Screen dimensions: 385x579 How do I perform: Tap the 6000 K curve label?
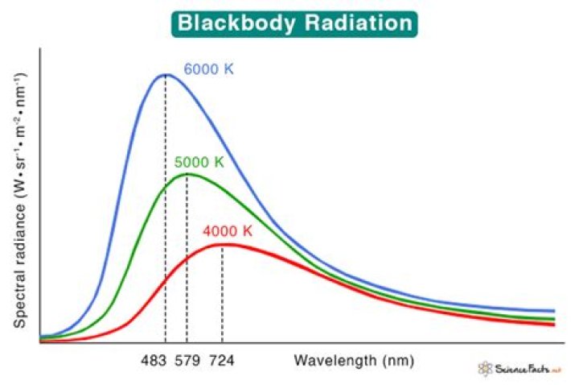point(208,69)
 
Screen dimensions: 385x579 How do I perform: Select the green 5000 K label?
point(199,162)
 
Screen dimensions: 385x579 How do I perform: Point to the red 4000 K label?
point(228,231)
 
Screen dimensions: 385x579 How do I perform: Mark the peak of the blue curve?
point(166,75)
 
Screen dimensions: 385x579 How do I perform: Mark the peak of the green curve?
point(187,174)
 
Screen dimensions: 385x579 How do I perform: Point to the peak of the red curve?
point(222,244)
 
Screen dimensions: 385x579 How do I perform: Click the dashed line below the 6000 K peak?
point(166,209)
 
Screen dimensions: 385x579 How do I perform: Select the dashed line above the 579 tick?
point(187,258)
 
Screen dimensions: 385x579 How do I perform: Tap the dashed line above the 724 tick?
point(222,294)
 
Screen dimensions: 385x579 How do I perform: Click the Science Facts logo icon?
point(485,368)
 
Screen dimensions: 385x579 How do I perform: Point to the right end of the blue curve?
point(554,311)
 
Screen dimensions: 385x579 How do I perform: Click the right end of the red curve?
point(554,325)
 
